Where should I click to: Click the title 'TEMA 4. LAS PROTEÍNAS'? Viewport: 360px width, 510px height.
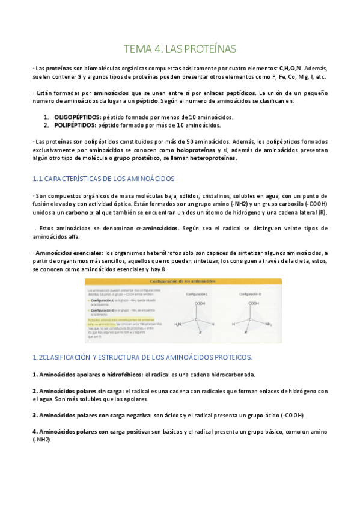click(180, 49)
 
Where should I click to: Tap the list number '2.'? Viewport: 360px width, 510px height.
click(46, 125)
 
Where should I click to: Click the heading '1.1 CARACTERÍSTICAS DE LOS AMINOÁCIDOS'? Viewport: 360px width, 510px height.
click(103, 179)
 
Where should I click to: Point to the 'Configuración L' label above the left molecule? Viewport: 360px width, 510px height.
click(200, 295)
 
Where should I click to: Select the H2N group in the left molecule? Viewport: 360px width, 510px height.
click(178, 324)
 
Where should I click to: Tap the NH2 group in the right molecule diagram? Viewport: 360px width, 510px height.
click(268, 324)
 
